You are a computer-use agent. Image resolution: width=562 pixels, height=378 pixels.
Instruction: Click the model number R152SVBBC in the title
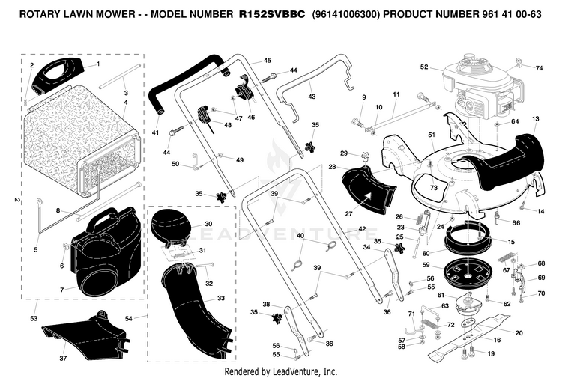[272, 14]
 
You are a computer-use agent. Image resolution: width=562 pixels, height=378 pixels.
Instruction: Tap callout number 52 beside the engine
[424, 67]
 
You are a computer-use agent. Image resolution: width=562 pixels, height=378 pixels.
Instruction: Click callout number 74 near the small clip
[539, 68]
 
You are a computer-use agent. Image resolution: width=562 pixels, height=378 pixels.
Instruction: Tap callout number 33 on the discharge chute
[221, 298]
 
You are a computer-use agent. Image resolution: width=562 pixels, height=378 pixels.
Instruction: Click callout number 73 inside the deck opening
[434, 188]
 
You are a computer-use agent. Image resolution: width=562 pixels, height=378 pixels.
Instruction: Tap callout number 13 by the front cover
[536, 118]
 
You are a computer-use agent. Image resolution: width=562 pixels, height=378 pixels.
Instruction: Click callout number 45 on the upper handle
[268, 61]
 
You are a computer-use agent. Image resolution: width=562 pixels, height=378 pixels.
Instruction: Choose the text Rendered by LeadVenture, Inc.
[281, 371]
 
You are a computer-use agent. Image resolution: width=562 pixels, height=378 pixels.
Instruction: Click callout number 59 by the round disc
[426, 265]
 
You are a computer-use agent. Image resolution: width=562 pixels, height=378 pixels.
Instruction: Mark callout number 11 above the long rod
[396, 94]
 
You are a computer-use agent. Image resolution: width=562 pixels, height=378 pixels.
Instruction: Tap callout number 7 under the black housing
[61, 290]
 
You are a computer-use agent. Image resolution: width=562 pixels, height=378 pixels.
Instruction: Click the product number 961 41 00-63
[510, 14]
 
